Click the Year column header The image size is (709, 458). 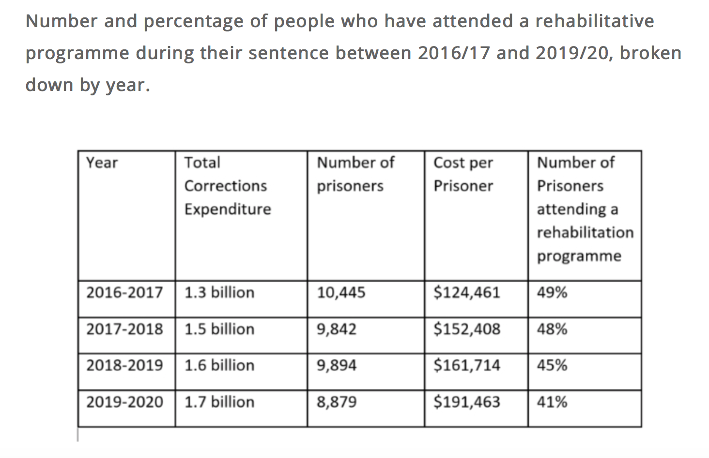(x=102, y=163)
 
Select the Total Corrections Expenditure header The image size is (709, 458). (x=227, y=186)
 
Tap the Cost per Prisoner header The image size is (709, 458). (x=463, y=174)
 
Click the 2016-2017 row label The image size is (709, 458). (x=124, y=293)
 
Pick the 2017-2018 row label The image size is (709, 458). (x=124, y=329)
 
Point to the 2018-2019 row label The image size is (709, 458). (x=124, y=365)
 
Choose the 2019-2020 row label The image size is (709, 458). (x=124, y=402)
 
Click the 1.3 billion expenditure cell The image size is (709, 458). (x=219, y=293)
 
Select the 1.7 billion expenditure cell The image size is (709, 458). (x=219, y=402)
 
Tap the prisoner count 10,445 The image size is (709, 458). (x=341, y=293)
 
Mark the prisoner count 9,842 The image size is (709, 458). (x=337, y=329)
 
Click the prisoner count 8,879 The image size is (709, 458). (x=337, y=402)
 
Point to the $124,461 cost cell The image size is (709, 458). (x=466, y=293)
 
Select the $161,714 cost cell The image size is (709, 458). (x=466, y=365)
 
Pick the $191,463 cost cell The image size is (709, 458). (x=466, y=402)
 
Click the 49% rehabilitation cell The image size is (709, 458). (x=552, y=293)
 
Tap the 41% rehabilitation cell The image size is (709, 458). (x=552, y=402)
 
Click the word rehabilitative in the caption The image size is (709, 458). (x=594, y=21)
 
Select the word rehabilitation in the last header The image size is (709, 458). (x=585, y=232)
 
